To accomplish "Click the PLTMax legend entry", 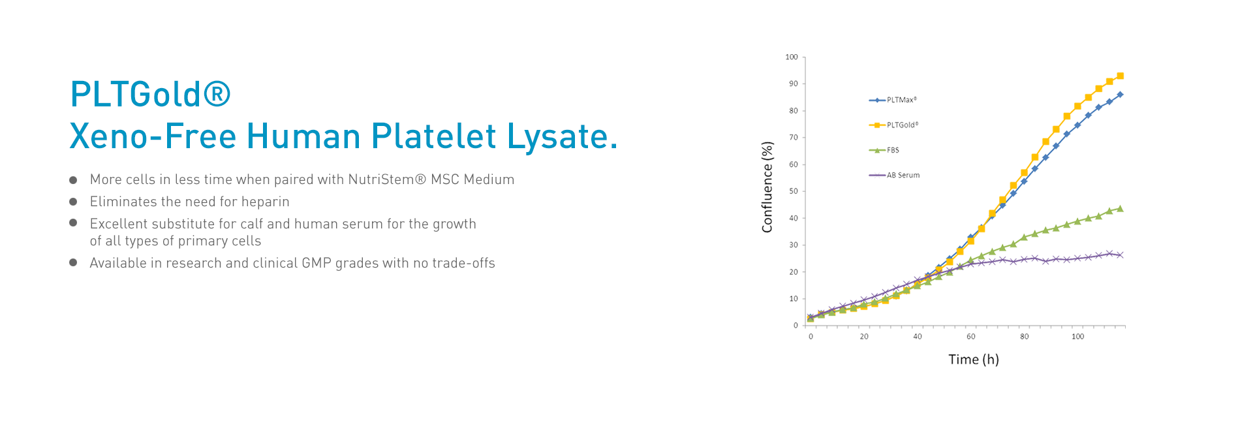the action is click(893, 100).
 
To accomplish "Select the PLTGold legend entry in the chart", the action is click(893, 125).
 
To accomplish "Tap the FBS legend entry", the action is click(884, 150).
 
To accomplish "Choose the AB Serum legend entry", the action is click(894, 175).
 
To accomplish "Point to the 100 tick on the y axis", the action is click(792, 57).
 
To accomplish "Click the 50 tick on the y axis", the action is click(794, 191).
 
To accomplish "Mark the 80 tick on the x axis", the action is click(1025, 337).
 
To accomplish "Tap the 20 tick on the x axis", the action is click(864, 337).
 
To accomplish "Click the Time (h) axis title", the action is click(974, 360).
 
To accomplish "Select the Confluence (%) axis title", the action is click(767, 187).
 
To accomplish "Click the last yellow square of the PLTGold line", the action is click(1120, 76).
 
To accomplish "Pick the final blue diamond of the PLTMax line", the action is click(1120, 95).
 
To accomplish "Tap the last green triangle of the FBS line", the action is click(1120, 209).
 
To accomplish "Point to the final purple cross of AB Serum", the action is click(1120, 255).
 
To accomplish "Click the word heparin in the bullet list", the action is click(266, 202).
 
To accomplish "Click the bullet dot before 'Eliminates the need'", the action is click(74, 202).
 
